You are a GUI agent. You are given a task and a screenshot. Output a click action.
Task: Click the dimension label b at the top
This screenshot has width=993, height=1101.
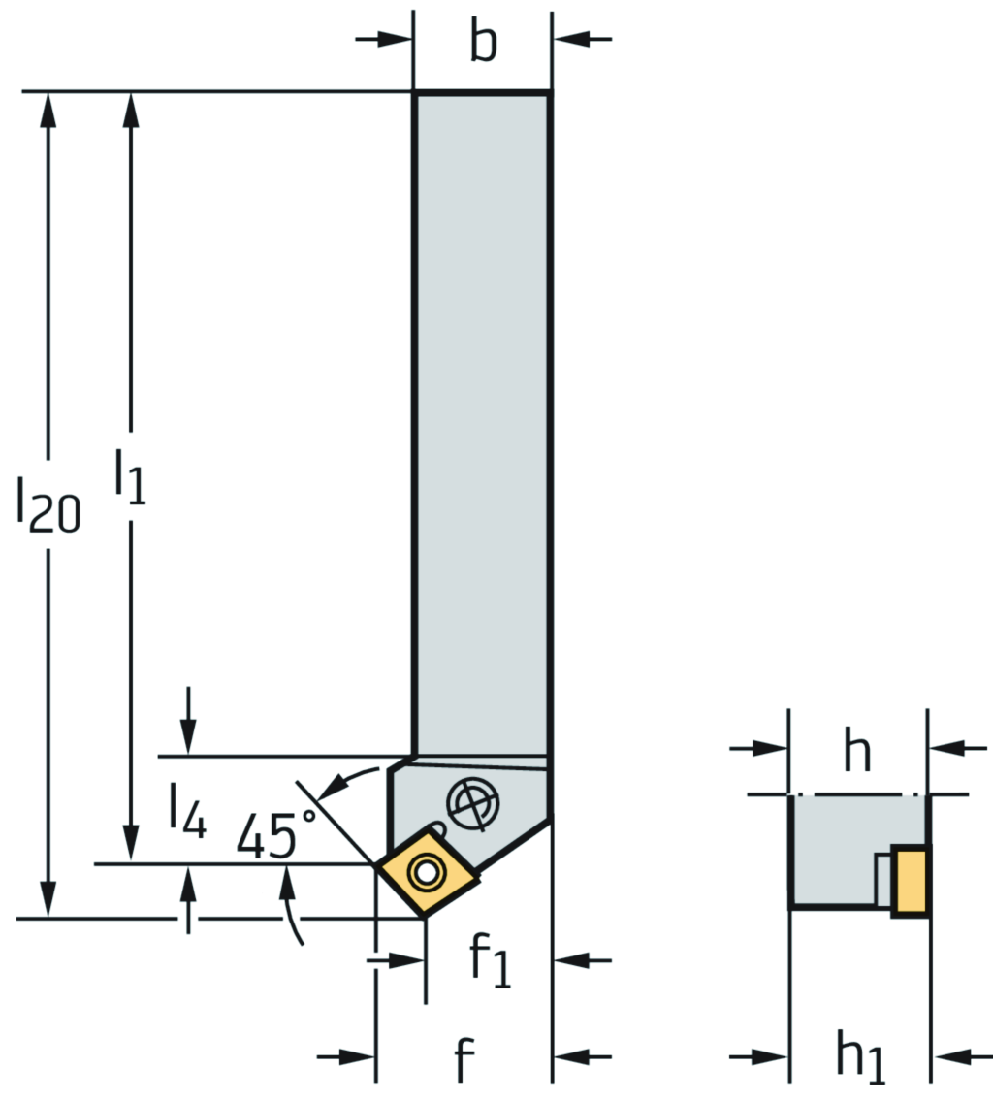(x=483, y=44)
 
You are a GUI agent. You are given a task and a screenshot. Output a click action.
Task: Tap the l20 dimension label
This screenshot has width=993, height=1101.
(x=48, y=502)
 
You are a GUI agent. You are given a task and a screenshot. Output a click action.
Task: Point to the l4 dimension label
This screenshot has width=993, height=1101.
(x=186, y=811)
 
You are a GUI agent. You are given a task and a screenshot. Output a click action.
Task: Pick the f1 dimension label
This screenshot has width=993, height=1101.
(x=491, y=961)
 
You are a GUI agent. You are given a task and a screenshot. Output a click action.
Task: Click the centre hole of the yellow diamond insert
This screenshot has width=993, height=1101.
(x=425, y=871)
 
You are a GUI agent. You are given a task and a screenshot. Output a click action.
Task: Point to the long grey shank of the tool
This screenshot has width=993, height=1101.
(x=482, y=417)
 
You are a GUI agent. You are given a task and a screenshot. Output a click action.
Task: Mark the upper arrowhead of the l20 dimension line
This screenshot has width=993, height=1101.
(x=48, y=107)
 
